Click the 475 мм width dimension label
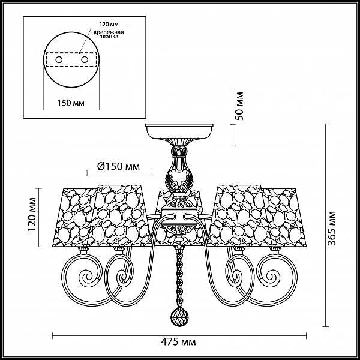click(x=178, y=342)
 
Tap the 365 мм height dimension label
click(x=331, y=229)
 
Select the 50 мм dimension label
click(x=239, y=106)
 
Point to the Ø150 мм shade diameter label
click(x=118, y=166)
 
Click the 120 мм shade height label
click(x=32, y=214)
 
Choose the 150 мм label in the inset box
click(x=71, y=103)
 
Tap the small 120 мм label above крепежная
click(x=109, y=25)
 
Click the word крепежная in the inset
click(x=109, y=32)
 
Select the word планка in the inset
click(x=109, y=37)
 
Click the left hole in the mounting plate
click(x=59, y=60)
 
